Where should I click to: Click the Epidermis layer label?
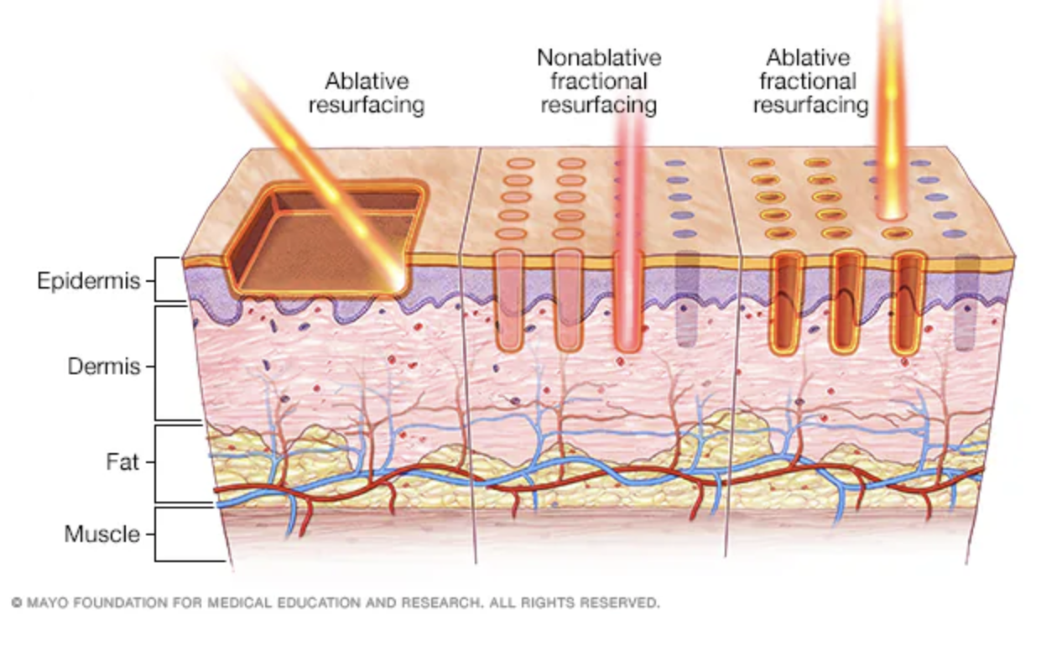tap(88, 280)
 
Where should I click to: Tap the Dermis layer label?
tap(104, 367)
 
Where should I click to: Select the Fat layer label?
tap(122, 461)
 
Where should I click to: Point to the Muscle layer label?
tap(102, 534)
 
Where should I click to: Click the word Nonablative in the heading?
tap(599, 58)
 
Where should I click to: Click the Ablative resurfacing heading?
tap(367, 93)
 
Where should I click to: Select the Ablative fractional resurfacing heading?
tap(810, 81)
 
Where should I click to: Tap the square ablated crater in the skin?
tap(327, 235)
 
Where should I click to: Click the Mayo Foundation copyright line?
tap(336, 602)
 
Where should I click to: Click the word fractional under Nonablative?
tap(599, 81)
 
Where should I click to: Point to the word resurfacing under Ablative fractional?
tap(810, 105)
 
